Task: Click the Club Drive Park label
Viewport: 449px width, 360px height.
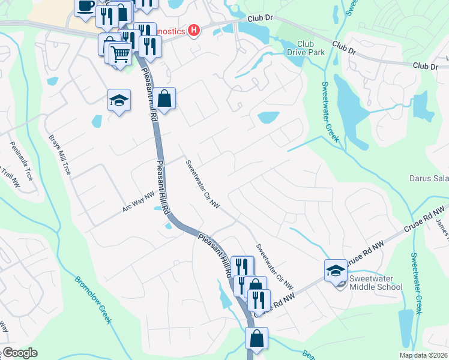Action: [x=310, y=49]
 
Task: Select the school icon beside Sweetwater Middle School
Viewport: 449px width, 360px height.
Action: [x=336, y=270]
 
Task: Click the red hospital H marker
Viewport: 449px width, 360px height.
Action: [x=194, y=31]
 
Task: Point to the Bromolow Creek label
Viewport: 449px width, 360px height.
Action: [x=94, y=299]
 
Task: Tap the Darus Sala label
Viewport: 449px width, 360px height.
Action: [x=429, y=178]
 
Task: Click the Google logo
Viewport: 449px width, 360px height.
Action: [x=19, y=353]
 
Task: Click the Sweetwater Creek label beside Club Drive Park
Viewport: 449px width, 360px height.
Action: [x=330, y=112]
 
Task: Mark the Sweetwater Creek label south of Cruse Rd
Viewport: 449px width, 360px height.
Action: [x=415, y=282]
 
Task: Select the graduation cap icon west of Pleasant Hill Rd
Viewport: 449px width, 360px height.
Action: [x=119, y=100]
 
